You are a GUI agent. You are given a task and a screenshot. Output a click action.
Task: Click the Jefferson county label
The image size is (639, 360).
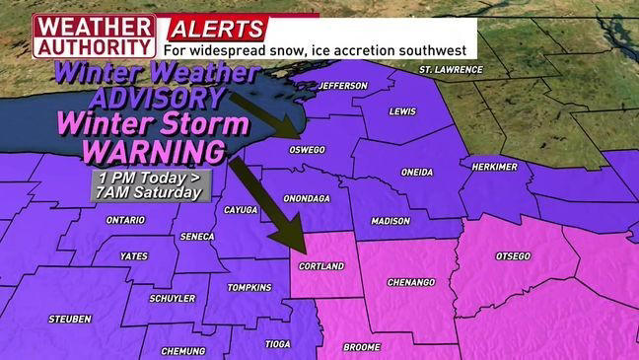pos(343,86)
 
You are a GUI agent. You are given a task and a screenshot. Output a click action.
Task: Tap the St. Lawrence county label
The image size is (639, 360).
pos(451,70)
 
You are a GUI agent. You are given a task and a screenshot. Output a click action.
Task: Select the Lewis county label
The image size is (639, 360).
pos(403,111)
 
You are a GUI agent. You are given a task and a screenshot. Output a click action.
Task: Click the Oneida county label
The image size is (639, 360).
pos(416,173)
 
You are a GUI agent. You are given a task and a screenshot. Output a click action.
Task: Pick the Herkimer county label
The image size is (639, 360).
pos(494,167)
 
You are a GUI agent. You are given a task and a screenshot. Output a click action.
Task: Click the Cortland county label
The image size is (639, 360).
pos(320,266)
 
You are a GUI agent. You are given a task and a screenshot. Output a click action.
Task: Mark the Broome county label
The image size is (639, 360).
pos(362,347)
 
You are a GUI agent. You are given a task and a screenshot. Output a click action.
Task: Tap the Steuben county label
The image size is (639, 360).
pos(70,319)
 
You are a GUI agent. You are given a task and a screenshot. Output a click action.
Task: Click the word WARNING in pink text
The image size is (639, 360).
pos(153,152)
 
